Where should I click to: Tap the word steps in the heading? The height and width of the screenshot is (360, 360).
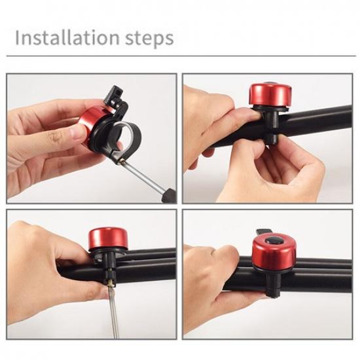(x=151, y=39)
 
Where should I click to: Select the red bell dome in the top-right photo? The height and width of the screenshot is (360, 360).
(x=266, y=94)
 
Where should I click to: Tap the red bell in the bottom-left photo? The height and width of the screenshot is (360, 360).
(x=108, y=238)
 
